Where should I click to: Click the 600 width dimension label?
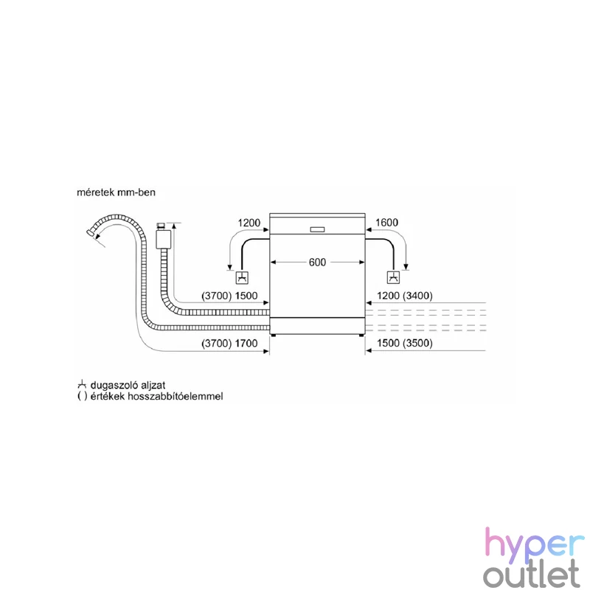(317, 263)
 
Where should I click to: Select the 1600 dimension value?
(386, 223)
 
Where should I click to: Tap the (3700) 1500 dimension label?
(229, 296)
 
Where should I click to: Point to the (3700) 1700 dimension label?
(229, 343)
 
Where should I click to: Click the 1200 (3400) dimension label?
(404, 296)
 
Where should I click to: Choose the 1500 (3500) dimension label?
(404, 343)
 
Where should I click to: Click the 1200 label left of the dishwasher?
(249, 223)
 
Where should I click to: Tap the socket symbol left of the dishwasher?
(242, 278)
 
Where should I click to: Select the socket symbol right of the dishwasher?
(393, 278)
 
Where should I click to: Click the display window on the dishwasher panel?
(317, 229)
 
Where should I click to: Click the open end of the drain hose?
(89, 232)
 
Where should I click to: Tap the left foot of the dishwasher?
(273, 335)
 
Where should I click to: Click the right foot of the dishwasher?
(361, 335)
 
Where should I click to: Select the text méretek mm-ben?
(116, 192)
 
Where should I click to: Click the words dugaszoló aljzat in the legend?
(128, 385)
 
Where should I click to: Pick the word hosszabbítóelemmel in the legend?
(176, 396)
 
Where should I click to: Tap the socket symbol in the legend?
(82, 384)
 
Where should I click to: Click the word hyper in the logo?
(535, 543)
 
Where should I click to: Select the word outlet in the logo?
(532, 574)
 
